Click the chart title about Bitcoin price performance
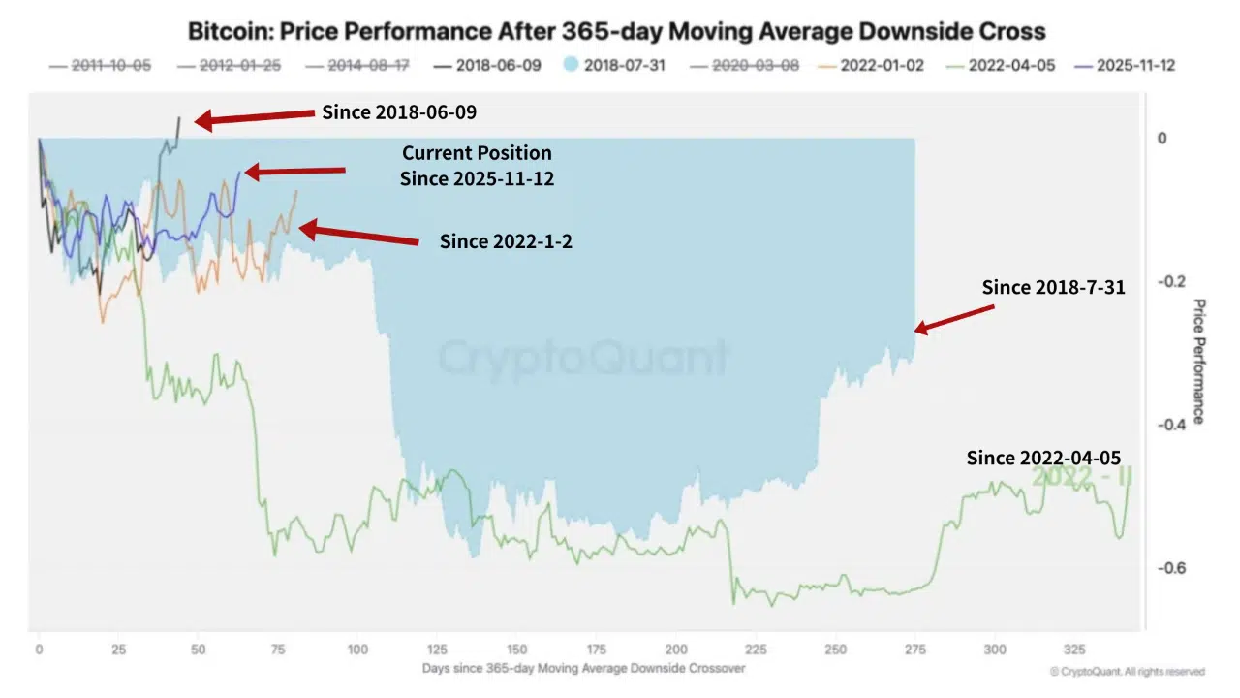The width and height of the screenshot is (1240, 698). click(616, 31)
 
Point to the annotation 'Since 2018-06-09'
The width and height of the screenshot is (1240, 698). click(399, 112)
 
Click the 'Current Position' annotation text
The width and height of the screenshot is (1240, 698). click(477, 153)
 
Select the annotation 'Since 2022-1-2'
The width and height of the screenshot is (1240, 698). click(506, 241)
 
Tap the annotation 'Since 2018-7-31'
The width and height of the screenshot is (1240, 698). click(1053, 287)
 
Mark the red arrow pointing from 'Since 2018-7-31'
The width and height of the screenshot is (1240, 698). click(954, 319)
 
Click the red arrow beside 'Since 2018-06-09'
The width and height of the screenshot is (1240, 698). click(256, 116)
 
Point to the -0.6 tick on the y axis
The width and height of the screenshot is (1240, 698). click(1170, 568)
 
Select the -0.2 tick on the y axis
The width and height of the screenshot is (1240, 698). click(1170, 282)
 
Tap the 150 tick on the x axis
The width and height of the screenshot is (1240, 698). click(516, 650)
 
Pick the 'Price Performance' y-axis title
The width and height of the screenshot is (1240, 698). click(1198, 361)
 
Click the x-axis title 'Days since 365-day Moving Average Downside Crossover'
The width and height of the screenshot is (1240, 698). click(584, 668)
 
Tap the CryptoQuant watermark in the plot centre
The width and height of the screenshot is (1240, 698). click(582, 357)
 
